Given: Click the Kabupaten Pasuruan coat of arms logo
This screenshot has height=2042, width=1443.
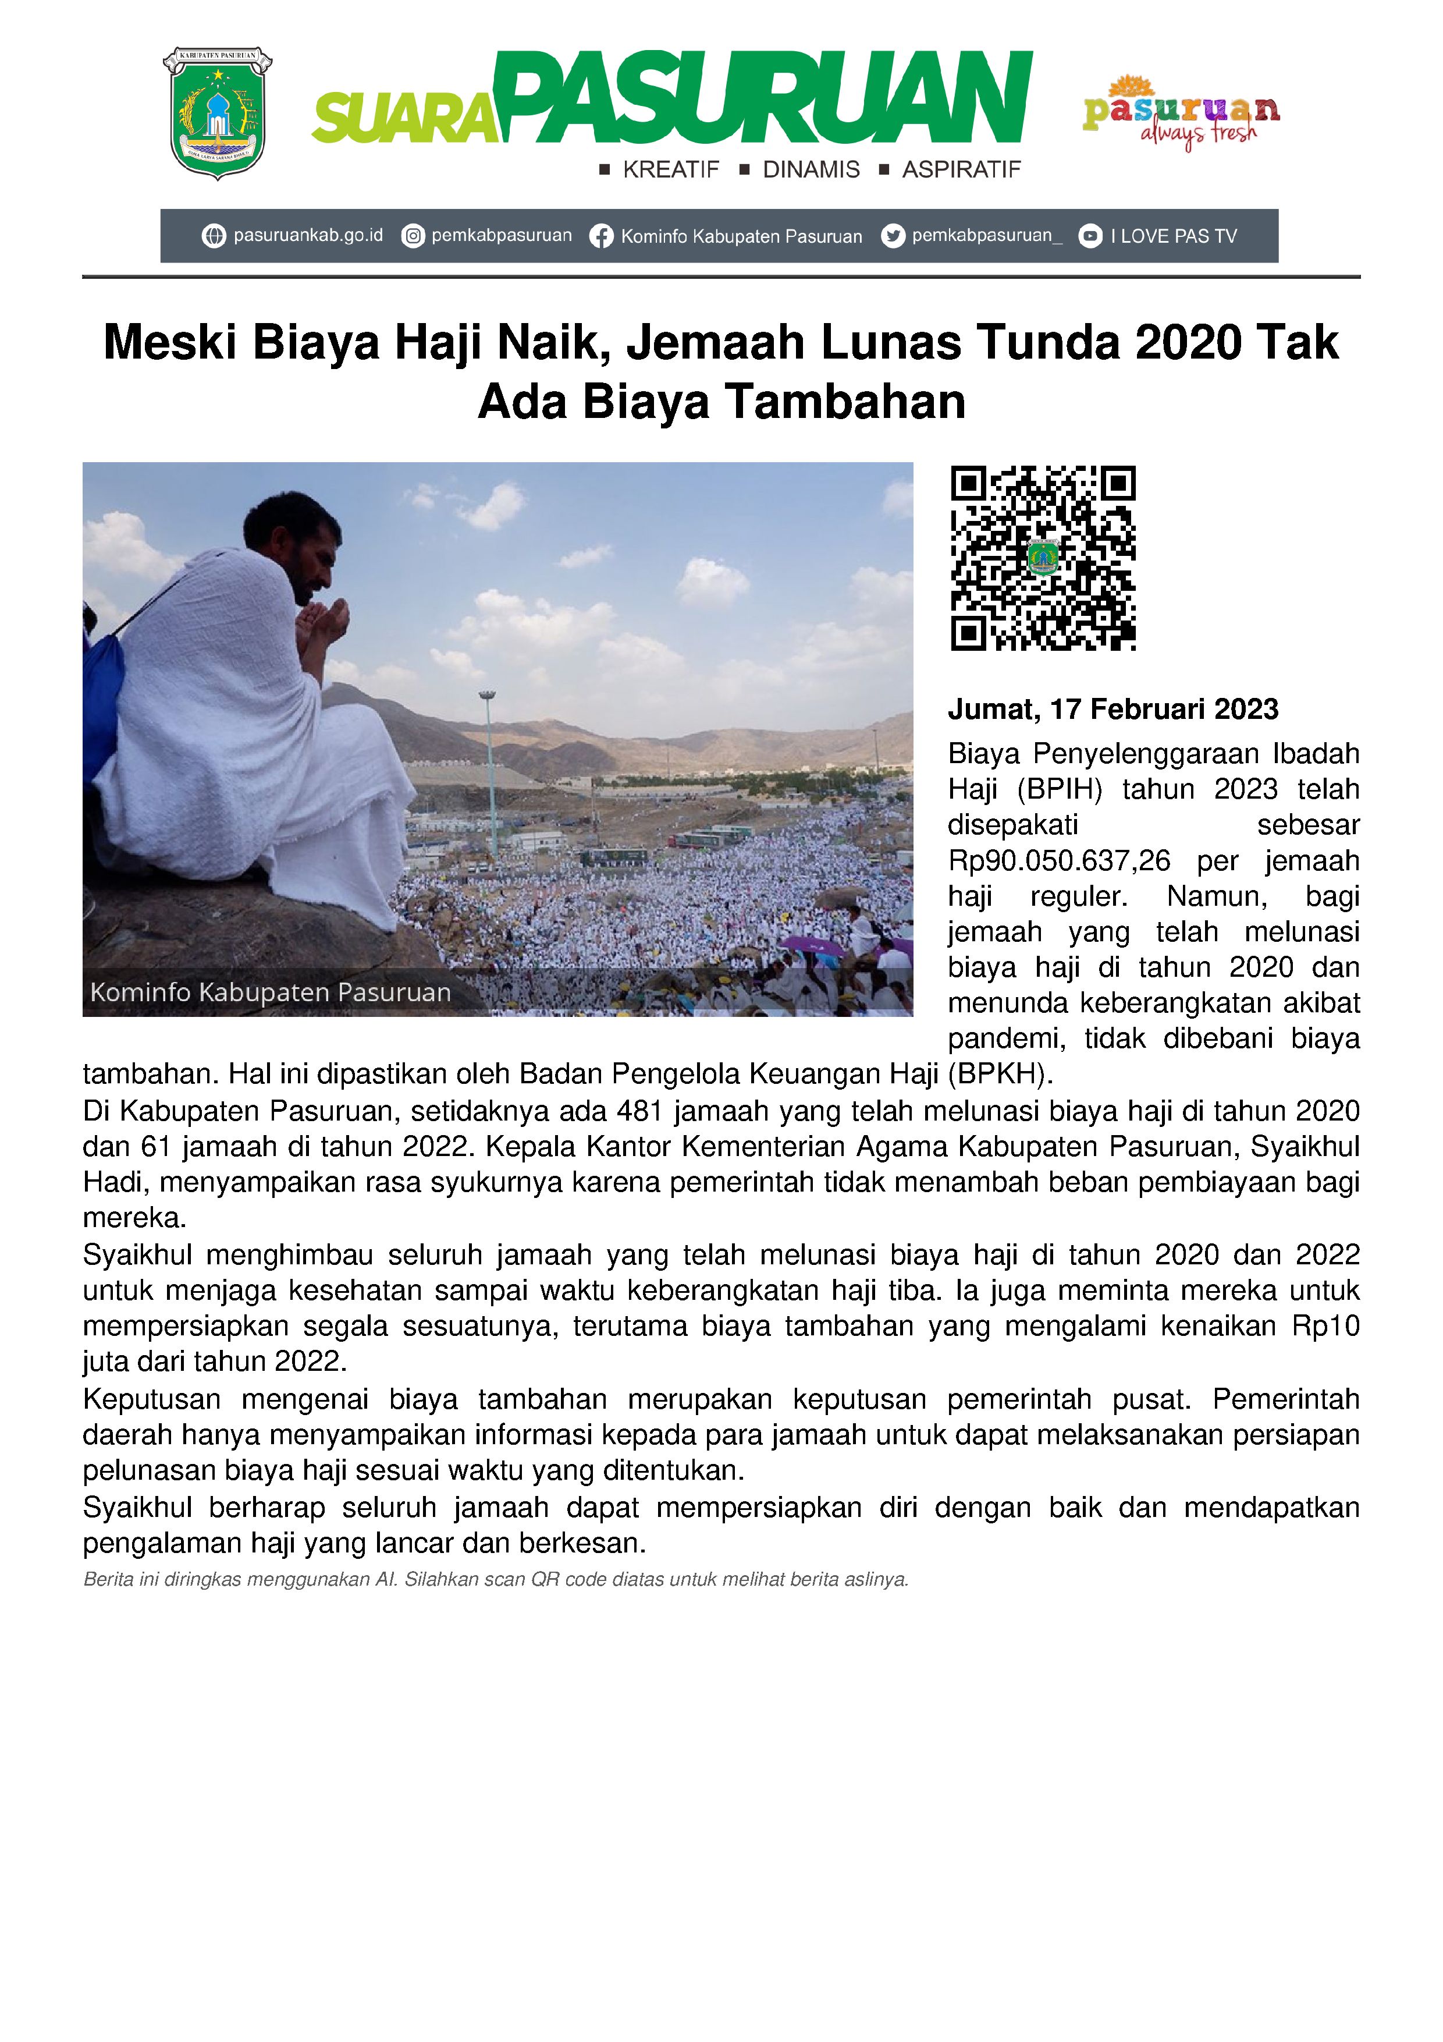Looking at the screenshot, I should click(217, 114).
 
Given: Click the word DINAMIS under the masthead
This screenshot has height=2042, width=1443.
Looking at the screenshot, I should click(811, 170).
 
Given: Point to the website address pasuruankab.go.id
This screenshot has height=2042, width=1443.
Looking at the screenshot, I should click(308, 236).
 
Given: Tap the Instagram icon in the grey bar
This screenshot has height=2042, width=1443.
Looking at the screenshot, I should click(413, 236).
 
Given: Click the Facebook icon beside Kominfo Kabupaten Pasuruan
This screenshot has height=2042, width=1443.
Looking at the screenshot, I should click(601, 236).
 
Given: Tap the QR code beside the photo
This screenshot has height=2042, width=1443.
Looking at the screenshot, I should click(1043, 558).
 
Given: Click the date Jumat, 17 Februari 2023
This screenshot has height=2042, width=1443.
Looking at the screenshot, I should click(1113, 709).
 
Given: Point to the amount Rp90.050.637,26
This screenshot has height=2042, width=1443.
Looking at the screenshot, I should click(1058, 861).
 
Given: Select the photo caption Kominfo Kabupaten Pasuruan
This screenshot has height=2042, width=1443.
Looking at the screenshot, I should click(271, 992).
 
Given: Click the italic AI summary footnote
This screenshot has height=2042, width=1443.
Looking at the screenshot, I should click(495, 1580).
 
